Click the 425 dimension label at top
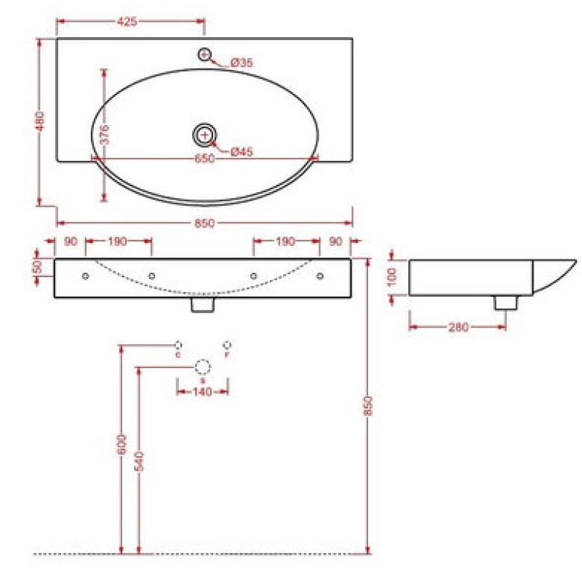[x=127, y=22]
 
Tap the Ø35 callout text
[x=242, y=63]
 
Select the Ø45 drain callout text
[x=242, y=151]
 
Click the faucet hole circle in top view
[x=204, y=55]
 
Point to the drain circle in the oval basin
[x=204, y=135]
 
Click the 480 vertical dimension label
[x=40, y=121]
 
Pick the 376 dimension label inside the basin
[x=105, y=135]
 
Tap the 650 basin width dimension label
[x=204, y=159]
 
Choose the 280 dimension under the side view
[x=458, y=327]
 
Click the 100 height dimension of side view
[x=392, y=277]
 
